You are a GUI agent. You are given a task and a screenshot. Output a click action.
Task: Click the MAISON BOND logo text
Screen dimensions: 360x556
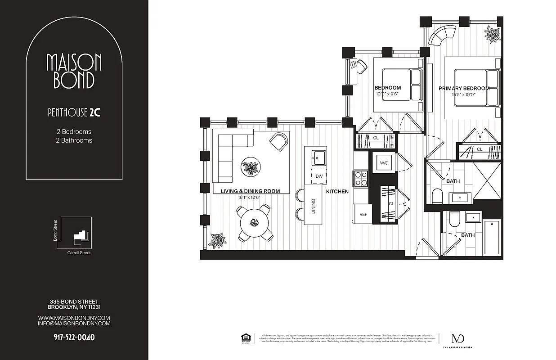(x=74, y=71)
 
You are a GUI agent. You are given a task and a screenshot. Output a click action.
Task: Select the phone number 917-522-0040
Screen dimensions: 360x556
(x=74, y=337)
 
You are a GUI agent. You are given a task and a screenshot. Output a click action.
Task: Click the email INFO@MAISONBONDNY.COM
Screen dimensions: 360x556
(x=74, y=323)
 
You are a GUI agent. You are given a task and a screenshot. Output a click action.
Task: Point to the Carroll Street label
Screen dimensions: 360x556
(x=79, y=253)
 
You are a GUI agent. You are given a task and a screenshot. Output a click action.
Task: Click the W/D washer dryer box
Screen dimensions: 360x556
(x=384, y=162)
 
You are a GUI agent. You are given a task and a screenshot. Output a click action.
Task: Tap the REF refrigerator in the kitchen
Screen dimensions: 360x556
(x=363, y=214)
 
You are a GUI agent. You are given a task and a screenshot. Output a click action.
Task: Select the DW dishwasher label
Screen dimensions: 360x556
(x=318, y=176)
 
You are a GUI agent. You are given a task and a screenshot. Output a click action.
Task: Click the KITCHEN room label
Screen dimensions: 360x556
(x=337, y=192)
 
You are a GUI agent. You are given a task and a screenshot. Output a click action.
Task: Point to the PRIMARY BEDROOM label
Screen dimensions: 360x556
(x=464, y=89)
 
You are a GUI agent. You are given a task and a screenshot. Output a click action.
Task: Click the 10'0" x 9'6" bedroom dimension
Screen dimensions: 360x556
(x=387, y=94)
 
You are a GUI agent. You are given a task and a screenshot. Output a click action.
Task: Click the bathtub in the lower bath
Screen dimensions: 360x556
(x=492, y=237)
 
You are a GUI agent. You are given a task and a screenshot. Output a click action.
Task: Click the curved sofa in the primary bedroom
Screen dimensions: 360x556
(x=442, y=35)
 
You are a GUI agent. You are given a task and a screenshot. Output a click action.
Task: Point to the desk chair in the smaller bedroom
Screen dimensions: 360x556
(x=361, y=66)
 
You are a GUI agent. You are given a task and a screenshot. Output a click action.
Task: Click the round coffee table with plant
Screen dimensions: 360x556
(x=251, y=167)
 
